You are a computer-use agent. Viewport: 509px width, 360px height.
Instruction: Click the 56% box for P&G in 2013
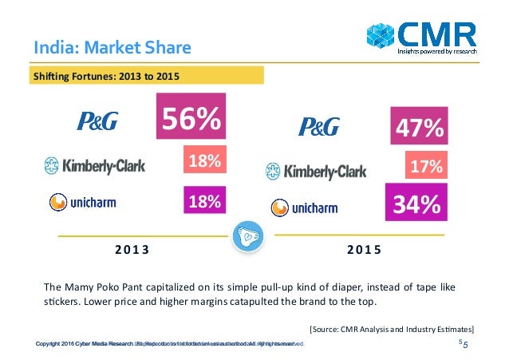pyautogui.click(x=191, y=121)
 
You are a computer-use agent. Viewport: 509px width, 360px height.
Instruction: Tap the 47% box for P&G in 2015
pyautogui.click(x=416, y=129)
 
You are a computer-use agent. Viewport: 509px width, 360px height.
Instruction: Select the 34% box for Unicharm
pyautogui.click(x=415, y=204)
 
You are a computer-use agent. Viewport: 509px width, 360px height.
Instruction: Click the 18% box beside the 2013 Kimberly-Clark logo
pyautogui.click(x=203, y=161)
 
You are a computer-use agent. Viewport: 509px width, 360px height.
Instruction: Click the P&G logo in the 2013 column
pyautogui.click(x=97, y=121)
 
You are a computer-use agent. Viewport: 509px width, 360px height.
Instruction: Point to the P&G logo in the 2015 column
pyautogui.click(x=318, y=125)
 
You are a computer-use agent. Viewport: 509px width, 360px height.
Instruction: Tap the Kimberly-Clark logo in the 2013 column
pyautogui.click(x=88, y=166)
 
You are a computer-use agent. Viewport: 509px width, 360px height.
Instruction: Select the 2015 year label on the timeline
pyautogui.click(x=364, y=249)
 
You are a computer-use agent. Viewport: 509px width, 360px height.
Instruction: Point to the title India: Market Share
pyautogui.click(x=112, y=47)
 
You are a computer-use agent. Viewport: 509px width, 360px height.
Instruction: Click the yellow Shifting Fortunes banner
pyautogui.click(x=146, y=77)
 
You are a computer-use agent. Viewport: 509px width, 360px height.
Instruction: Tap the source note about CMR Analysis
pyautogui.click(x=391, y=328)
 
